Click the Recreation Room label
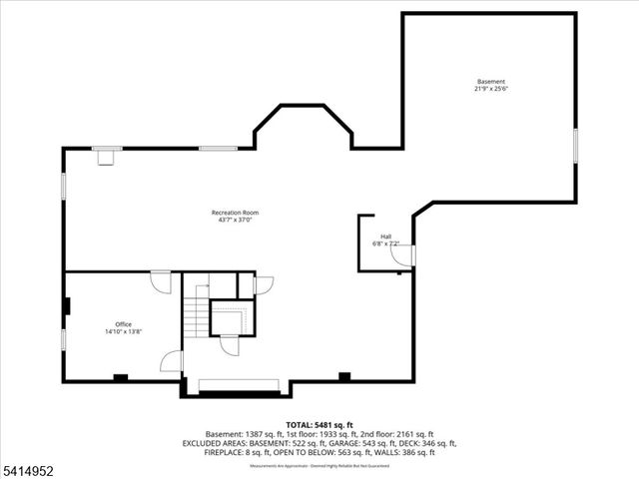point(235,213)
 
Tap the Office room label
point(123,324)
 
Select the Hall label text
point(385,237)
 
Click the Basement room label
point(490,82)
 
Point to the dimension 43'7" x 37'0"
point(235,221)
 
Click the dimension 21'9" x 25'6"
point(490,90)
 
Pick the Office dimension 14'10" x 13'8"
point(123,332)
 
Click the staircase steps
point(195,317)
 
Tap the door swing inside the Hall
point(401,256)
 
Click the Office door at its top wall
point(160,282)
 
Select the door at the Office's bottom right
point(172,360)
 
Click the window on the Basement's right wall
point(575,145)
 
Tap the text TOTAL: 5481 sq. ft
point(319,424)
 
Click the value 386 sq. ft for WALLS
point(417,452)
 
